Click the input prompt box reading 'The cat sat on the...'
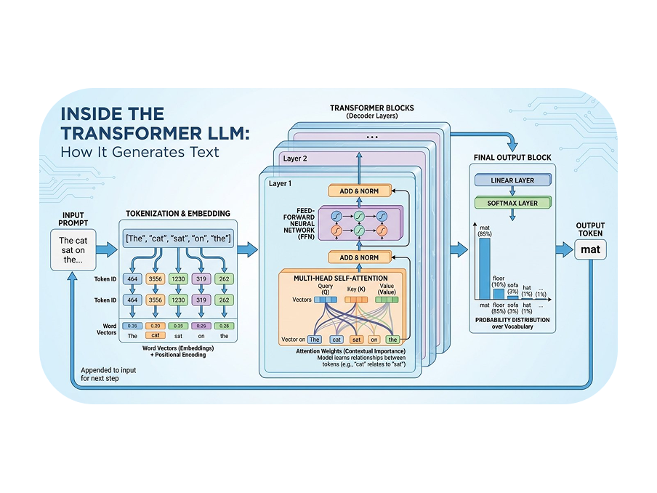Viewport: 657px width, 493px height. tap(73, 250)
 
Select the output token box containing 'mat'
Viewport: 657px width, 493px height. tap(590, 249)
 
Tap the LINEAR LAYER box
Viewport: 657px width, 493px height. tap(512, 180)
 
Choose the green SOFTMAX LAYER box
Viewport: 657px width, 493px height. tap(512, 203)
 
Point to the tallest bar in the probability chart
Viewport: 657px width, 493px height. tap(484, 268)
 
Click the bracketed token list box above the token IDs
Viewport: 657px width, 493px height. tap(178, 239)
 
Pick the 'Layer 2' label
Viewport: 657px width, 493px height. tap(295, 159)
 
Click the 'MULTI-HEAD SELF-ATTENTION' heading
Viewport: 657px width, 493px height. tap(341, 278)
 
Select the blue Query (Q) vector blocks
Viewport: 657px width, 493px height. tap(326, 300)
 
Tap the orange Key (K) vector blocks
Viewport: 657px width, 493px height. tap(356, 300)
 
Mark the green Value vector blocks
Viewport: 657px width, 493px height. tap(387, 300)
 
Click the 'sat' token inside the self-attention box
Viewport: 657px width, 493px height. tap(357, 340)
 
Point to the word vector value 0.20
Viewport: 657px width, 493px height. tap(156, 326)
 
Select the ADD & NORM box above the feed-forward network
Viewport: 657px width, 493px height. tap(359, 191)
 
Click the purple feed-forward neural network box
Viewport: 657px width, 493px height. tap(360, 223)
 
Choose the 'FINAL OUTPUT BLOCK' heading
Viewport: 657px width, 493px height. tap(512, 158)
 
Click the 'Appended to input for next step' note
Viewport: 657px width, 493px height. tap(108, 374)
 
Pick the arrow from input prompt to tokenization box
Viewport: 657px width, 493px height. tap(107, 249)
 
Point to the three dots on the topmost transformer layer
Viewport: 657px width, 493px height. tap(372, 137)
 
